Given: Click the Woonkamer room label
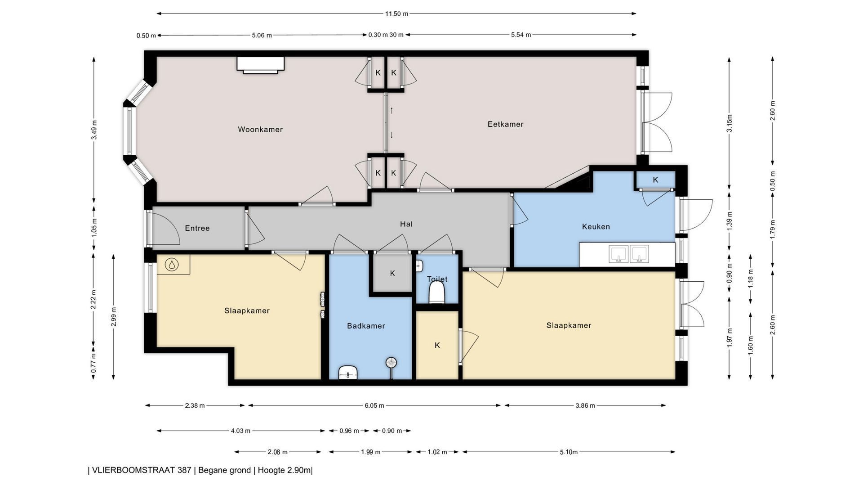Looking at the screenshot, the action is pyautogui.click(x=260, y=130).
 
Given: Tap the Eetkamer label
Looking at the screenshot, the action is pyautogui.click(x=506, y=124).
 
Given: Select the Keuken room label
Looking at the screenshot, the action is pyautogui.click(x=596, y=226).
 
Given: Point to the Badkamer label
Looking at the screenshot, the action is pyautogui.click(x=366, y=326).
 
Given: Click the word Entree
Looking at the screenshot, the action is pyautogui.click(x=197, y=228).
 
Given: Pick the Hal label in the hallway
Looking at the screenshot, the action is pyautogui.click(x=406, y=224).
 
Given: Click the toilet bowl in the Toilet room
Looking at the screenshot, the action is pyautogui.click(x=437, y=293).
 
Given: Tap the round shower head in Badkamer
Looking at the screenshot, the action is pyautogui.click(x=391, y=362).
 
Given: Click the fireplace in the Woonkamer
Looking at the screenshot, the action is pyautogui.click(x=261, y=65).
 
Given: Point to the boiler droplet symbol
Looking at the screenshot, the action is pyautogui.click(x=172, y=265).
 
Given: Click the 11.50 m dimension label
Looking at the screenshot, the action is pyautogui.click(x=396, y=13).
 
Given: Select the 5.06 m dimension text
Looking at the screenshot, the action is pyautogui.click(x=262, y=35).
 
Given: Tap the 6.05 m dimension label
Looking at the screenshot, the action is pyautogui.click(x=374, y=405).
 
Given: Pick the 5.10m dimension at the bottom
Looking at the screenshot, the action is pyautogui.click(x=569, y=452).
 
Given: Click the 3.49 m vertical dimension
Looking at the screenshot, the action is pyautogui.click(x=94, y=130).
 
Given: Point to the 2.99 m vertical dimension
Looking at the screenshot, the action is pyautogui.click(x=113, y=317).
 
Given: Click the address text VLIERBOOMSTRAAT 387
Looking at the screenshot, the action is pyautogui.click(x=142, y=470).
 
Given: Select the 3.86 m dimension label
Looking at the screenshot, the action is pyautogui.click(x=585, y=405).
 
